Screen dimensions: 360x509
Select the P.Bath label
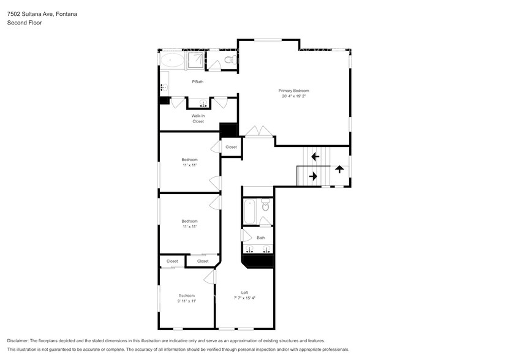[197, 81]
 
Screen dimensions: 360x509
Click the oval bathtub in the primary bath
[172, 60]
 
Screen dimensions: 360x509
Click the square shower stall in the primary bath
[195, 60]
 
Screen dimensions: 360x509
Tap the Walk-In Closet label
[198, 118]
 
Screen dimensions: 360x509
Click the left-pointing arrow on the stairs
[315, 157]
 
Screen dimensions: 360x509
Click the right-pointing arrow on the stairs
[313, 176]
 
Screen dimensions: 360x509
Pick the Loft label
[244, 292]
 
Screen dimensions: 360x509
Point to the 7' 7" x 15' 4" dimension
[244, 298]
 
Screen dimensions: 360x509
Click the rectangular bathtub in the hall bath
[249, 212]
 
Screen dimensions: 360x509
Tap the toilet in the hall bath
[265, 206]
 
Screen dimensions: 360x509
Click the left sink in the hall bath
[250, 249]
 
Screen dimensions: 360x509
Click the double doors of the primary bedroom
[257, 131]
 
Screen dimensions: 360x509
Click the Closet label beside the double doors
[231, 147]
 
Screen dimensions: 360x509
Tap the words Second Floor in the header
[21, 23]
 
